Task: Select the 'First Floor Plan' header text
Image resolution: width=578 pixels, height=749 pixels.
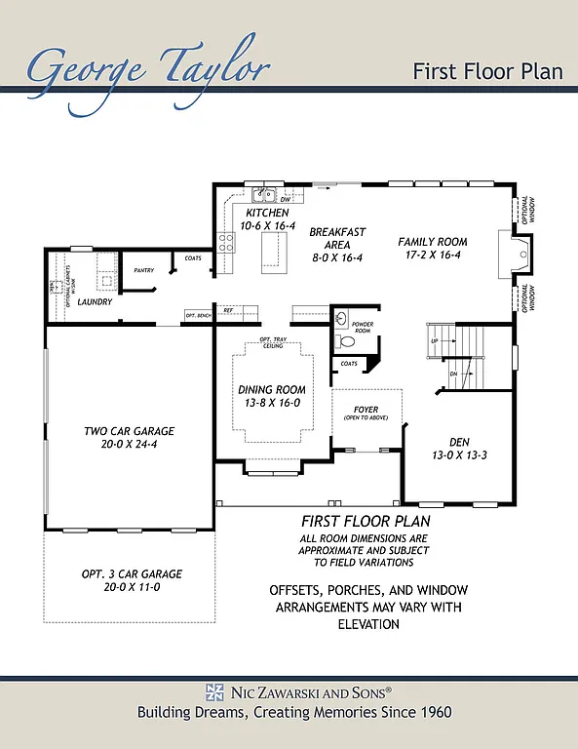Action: point(488,70)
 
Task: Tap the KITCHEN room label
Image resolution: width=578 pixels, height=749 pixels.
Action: point(266,213)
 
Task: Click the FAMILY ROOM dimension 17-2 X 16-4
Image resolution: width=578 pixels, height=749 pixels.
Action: point(433,256)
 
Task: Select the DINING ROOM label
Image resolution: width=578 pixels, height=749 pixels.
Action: point(269,390)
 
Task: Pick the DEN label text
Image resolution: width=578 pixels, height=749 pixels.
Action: point(459,442)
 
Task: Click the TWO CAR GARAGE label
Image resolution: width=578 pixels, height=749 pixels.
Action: point(129,430)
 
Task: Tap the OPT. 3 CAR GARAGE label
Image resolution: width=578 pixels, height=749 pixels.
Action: point(132,574)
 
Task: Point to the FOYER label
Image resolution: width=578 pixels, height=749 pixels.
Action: point(366,410)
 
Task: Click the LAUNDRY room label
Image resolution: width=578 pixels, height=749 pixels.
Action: point(96,302)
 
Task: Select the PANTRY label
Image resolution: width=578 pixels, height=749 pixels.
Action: point(144,270)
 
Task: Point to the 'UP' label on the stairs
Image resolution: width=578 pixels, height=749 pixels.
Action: point(435,341)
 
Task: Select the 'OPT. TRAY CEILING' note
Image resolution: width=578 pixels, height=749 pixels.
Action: point(271,342)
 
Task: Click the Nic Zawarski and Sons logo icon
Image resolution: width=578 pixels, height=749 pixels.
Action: point(214,691)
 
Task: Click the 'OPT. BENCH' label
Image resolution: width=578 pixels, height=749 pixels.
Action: point(198,316)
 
